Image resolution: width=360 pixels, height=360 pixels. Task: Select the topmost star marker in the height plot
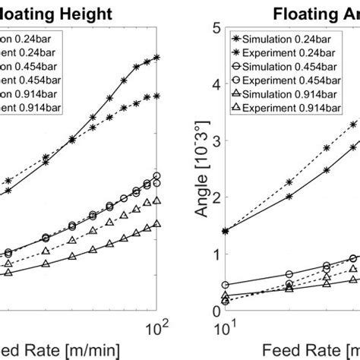156,57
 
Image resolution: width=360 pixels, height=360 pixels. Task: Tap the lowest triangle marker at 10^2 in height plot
156,223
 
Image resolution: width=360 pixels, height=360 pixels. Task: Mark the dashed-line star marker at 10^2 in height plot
156,96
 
